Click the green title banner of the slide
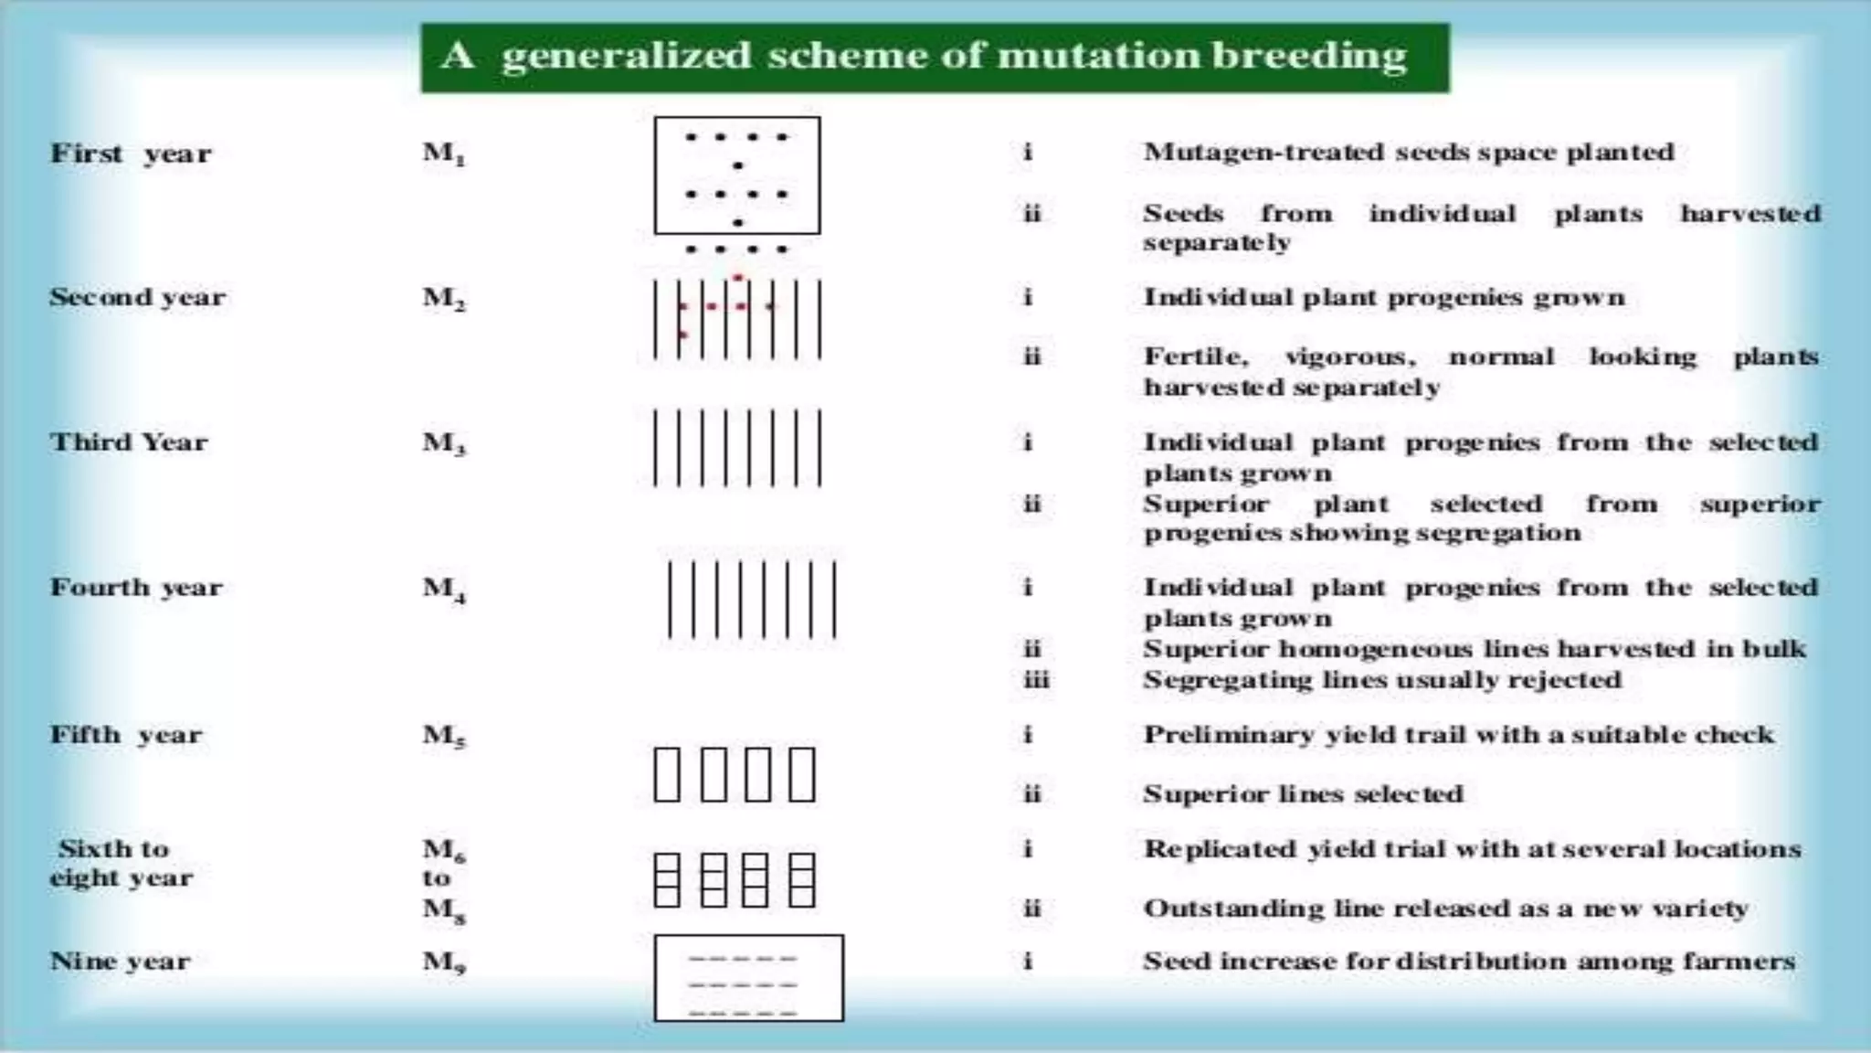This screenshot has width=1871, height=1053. (935, 58)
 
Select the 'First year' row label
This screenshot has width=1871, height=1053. (131, 154)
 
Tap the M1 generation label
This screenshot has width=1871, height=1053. (444, 154)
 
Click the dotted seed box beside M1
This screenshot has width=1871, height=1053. (736, 175)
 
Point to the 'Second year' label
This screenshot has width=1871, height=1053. (137, 298)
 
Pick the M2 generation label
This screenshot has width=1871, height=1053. (444, 299)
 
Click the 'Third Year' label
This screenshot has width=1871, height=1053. (129, 442)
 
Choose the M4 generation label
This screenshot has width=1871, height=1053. (444, 589)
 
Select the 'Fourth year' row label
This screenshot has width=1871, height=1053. (136, 588)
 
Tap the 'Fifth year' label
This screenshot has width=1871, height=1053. (126, 735)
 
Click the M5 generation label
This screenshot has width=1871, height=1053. (444, 736)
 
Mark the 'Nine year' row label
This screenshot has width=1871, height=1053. (120, 962)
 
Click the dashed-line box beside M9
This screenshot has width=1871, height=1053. (748, 978)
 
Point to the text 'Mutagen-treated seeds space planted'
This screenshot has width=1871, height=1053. (1409, 153)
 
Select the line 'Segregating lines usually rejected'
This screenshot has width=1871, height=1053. (1382, 680)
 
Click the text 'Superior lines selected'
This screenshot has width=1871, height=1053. (1303, 793)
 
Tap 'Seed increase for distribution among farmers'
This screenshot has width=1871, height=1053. (1469, 962)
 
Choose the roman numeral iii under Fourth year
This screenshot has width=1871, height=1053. (1036, 680)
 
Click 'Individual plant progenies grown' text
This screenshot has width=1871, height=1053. (1384, 298)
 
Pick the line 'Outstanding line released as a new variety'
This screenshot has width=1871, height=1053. (1445, 909)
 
